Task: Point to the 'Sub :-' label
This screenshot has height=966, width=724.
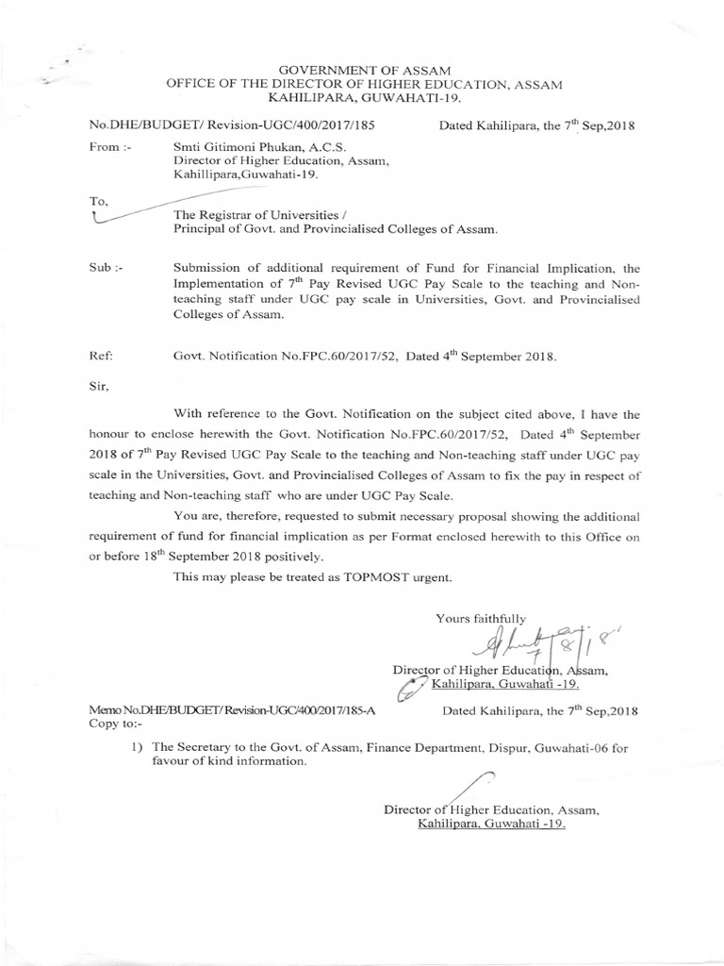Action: click(102, 268)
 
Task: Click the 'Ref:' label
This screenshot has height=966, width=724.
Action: click(101, 358)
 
